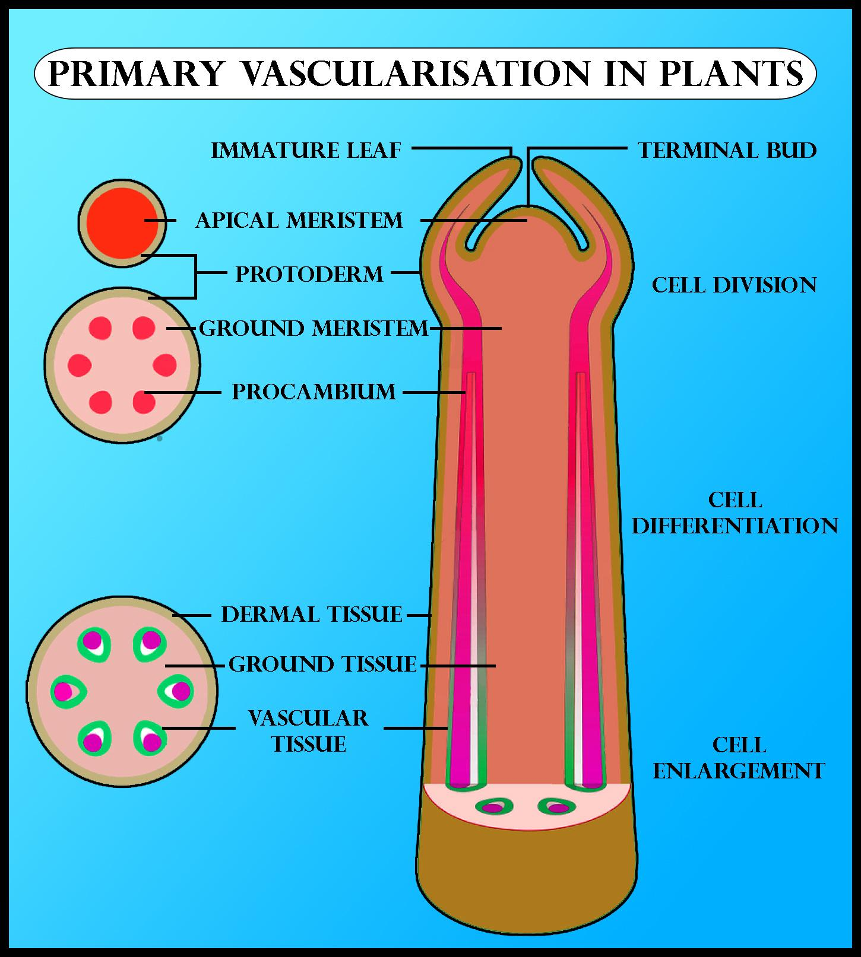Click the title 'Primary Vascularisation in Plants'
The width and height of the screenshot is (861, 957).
pos(425,74)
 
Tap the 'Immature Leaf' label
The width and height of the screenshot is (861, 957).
pos(306,150)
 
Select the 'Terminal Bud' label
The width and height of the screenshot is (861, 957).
pos(727,150)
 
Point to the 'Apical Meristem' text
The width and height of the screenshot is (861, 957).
pos(299,220)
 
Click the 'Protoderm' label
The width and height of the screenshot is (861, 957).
pos(309,274)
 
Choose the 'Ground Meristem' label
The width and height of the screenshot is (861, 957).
pos(314,328)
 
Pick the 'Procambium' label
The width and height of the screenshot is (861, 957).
pos(314,392)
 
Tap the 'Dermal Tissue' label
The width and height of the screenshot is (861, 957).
pos(312,614)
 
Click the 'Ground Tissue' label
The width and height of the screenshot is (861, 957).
pos(322,664)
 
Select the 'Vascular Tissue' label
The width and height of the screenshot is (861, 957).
pos(308,731)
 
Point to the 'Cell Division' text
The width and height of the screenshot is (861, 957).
pos(734,285)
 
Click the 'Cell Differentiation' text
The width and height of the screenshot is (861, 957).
pos(735,513)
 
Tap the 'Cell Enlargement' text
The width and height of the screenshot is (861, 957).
pos(739,758)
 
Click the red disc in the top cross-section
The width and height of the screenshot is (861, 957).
pos(122,222)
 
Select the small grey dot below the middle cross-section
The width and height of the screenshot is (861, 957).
pos(159,439)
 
